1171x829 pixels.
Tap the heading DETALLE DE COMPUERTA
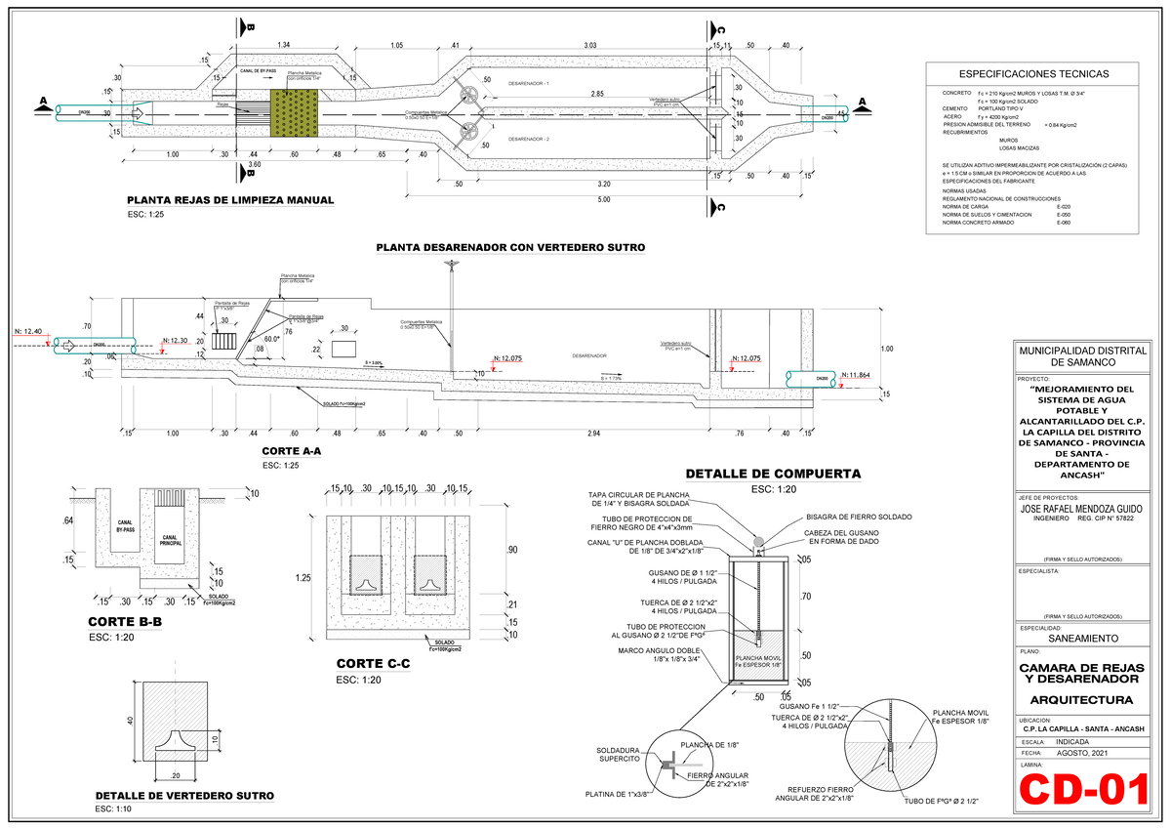point(773,474)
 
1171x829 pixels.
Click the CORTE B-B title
point(125,622)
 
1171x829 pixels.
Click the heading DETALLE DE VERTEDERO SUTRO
point(184,795)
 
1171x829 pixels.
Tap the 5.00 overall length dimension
point(605,199)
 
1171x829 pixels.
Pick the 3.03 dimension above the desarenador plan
point(590,45)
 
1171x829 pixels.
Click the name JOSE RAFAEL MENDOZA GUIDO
point(1079,509)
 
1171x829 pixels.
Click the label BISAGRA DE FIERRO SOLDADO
point(859,516)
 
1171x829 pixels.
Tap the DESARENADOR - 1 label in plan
point(529,85)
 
